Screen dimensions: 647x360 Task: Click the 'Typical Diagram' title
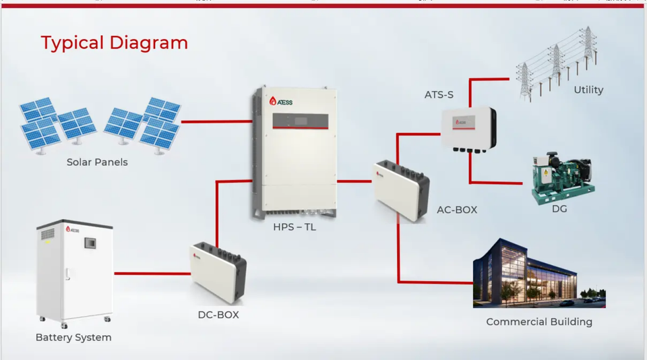click(114, 42)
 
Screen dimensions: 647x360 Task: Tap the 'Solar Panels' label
click(97, 162)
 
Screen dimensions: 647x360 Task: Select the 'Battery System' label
click(73, 337)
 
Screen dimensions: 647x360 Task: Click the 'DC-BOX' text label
click(218, 314)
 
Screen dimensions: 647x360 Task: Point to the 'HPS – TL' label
click(295, 227)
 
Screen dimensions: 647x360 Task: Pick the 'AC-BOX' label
click(457, 210)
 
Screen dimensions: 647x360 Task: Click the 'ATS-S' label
click(439, 94)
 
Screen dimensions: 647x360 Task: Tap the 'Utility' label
click(588, 90)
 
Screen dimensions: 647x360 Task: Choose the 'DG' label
click(559, 209)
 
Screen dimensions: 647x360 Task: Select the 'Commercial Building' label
click(539, 322)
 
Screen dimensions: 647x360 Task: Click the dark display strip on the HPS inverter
click(300, 121)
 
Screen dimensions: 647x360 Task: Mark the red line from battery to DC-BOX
click(152, 273)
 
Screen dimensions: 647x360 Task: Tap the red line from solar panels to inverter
click(216, 122)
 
